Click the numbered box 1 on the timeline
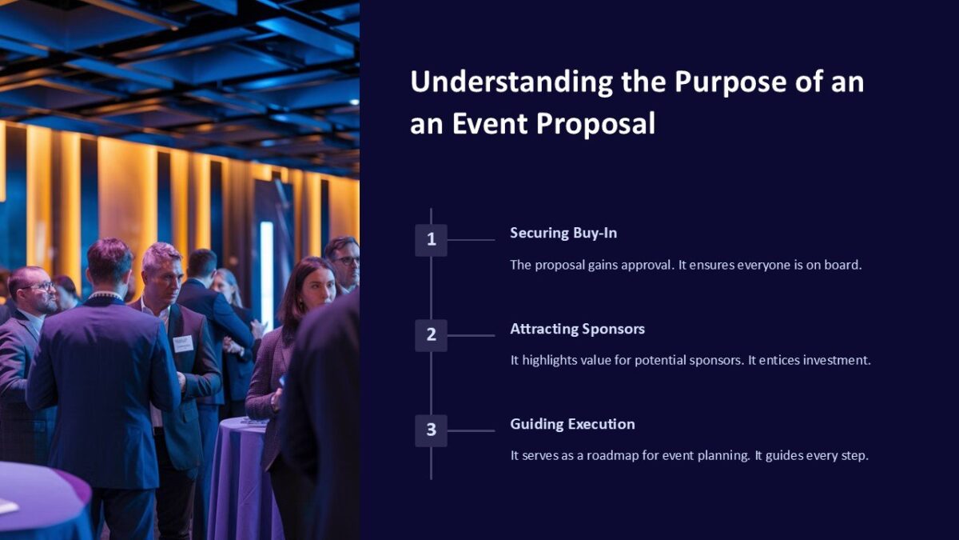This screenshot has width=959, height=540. (431, 239)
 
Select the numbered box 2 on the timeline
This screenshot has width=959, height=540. (431, 335)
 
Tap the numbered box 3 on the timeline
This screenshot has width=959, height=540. (431, 430)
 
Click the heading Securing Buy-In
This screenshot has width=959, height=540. (563, 233)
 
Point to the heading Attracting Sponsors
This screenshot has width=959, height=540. (577, 329)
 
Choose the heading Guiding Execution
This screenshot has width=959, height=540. (572, 424)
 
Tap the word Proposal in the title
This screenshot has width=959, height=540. (595, 124)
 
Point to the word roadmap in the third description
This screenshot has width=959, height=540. (613, 456)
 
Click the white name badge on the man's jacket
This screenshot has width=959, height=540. (183, 343)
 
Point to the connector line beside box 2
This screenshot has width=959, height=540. (471, 335)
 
